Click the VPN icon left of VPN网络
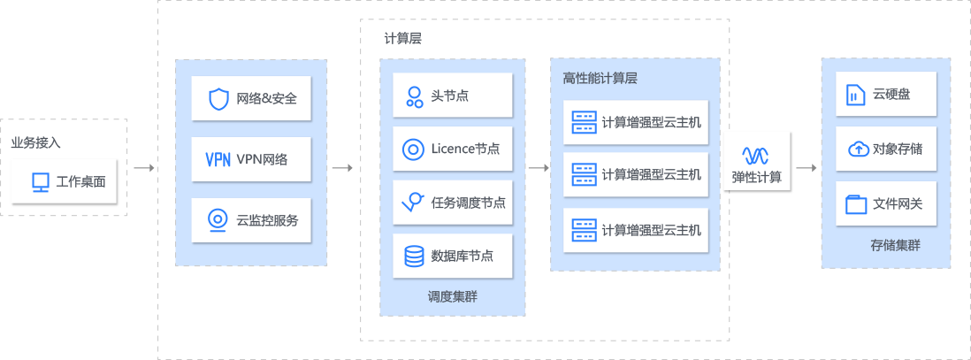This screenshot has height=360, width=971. click(218, 160)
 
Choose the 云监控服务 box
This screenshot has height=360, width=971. click(251, 219)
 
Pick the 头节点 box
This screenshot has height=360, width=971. click(453, 96)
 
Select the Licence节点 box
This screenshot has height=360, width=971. click(453, 149)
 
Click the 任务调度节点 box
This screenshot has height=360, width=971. click(453, 203)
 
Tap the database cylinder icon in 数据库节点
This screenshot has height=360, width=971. click(413, 257)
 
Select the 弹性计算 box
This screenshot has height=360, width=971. click(756, 162)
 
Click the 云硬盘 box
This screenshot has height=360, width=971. click(887, 94)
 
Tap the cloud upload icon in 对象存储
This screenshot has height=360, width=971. click(856, 149)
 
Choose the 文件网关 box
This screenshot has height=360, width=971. click(887, 203)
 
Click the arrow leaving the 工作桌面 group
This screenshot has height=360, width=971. click(144, 167)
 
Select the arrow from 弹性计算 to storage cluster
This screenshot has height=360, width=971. click(806, 167)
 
